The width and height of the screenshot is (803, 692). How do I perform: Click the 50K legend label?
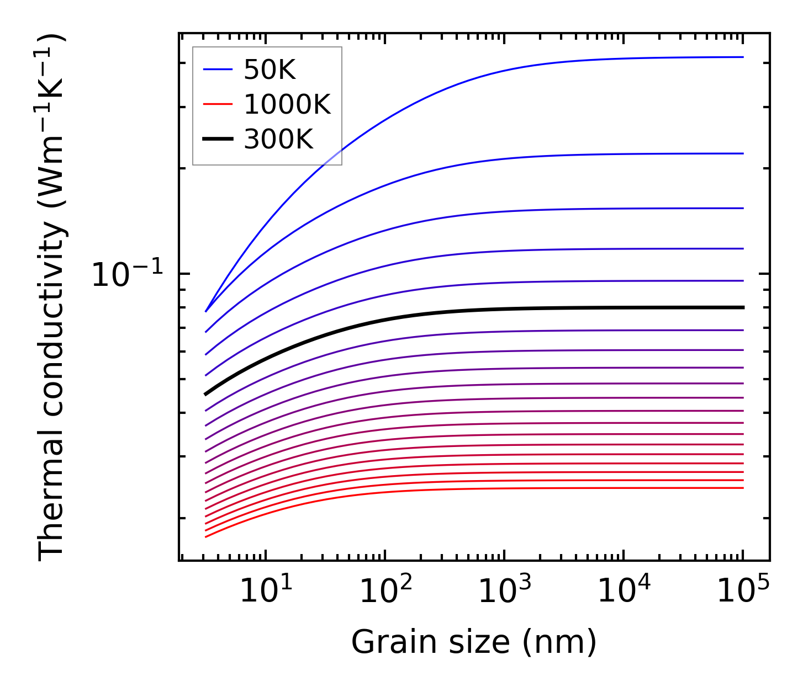point(270,70)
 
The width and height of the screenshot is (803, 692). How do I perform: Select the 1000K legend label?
point(287,105)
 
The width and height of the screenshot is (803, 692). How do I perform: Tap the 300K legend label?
point(278,140)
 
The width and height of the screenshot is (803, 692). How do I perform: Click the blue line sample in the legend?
point(218,70)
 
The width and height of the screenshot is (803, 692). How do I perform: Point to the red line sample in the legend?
point(218,105)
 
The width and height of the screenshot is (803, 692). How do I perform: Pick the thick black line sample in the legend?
point(218,140)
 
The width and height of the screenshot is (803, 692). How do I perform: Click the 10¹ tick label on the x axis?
point(266,592)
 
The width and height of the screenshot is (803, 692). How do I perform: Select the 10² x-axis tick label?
point(385,592)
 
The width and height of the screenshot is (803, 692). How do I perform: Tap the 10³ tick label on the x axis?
point(504,592)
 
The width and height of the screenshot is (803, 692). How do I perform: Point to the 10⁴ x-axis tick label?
point(624,592)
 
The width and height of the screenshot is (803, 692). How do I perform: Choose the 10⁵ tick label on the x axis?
point(743,592)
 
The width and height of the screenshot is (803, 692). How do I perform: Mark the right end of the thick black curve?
point(743,307)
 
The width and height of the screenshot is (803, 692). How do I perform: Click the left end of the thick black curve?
point(205,394)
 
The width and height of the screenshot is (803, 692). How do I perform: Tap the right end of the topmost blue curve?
point(743,57)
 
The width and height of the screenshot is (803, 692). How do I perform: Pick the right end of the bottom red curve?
point(743,488)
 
